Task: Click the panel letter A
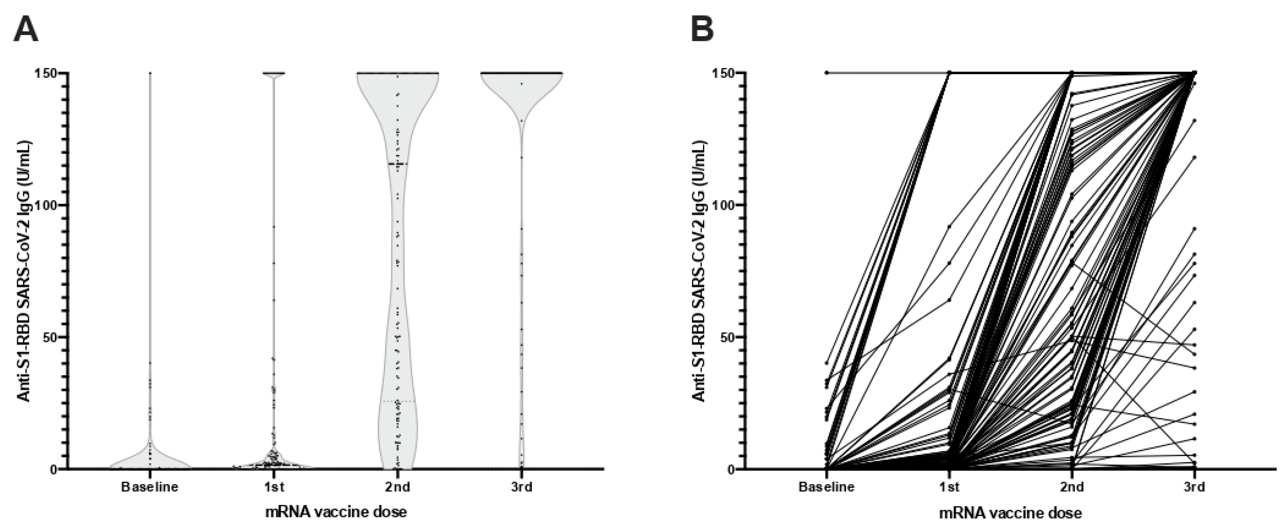pos(26,29)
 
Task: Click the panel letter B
pos(702,29)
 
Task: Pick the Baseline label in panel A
pos(149,486)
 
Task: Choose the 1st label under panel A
pos(273,486)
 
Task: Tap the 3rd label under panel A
pos(521,486)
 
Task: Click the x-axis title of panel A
pos(336,512)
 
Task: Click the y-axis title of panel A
pos(24,271)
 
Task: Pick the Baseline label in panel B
pos(826,486)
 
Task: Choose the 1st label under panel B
pos(949,486)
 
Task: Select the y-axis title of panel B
pos(700,271)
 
